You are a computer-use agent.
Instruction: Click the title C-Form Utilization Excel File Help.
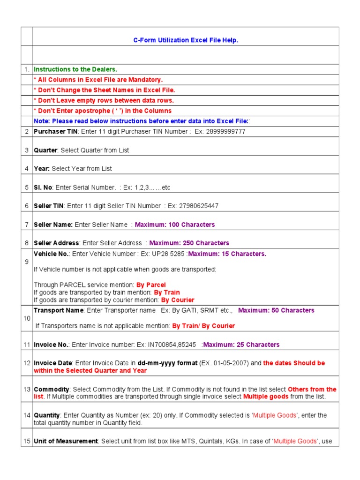coord(186,40)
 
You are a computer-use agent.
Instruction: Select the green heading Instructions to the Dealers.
coord(75,69)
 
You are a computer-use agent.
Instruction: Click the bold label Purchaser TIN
coord(55,132)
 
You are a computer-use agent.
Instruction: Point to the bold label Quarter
coord(45,150)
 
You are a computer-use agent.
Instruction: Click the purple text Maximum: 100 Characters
coord(175,225)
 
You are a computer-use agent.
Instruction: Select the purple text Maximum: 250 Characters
coord(189,243)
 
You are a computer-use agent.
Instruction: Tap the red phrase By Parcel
coord(151,285)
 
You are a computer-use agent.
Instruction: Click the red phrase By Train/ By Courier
coord(203,326)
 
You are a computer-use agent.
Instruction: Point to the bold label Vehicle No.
coord(52,254)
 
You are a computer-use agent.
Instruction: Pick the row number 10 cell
coord(27,318)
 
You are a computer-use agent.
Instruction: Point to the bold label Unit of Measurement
coord(66,442)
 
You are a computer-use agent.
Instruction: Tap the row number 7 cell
coord(27,225)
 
